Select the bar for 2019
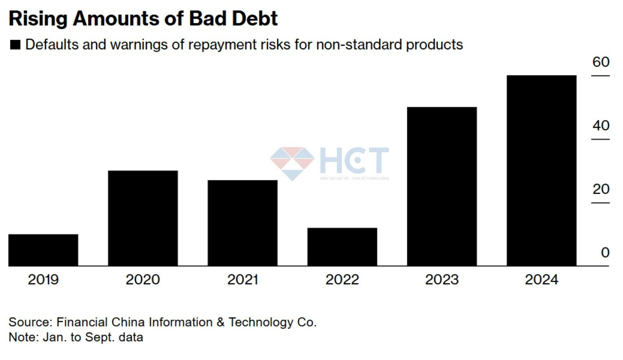(43, 250)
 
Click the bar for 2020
(143, 218)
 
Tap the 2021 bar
(243, 223)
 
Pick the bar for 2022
(342, 247)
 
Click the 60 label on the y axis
(601, 62)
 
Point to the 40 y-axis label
(601, 125)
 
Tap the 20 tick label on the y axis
(601, 189)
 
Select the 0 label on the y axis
(605, 253)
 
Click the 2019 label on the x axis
(43, 279)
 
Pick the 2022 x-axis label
(342, 279)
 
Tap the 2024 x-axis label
(542, 279)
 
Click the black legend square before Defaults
(15, 45)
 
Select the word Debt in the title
(255, 18)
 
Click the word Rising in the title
(38, 18)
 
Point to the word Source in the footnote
(30, 322)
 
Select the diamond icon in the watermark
(292, 163)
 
